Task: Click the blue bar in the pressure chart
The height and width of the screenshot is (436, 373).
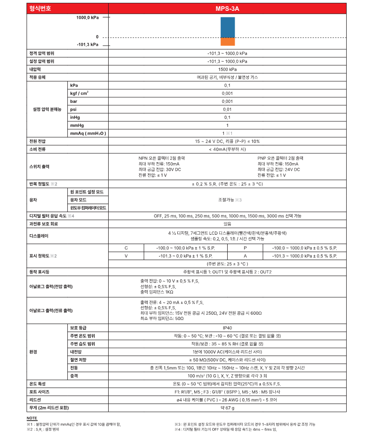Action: [227, 27]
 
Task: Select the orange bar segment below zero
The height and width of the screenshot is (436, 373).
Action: [227, 41]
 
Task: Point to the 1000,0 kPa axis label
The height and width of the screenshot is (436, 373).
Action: [88, 17]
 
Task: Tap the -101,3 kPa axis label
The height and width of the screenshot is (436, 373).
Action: [88, 45]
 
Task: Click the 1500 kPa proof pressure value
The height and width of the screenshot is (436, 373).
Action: [227, 69]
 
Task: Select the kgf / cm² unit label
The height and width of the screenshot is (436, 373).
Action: [79, 93]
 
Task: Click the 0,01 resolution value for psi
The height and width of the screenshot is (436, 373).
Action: [227, 109]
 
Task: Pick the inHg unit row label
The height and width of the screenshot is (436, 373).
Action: [75, 117]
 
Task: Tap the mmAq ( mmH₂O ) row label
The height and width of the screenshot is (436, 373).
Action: [88, 133]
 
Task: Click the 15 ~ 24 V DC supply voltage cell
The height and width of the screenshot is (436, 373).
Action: [227, 141]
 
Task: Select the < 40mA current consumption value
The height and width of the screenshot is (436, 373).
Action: [227, 149]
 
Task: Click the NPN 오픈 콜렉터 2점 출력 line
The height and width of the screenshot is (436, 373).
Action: [161, 158]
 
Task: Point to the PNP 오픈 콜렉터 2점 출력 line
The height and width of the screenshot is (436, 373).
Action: [280, 158]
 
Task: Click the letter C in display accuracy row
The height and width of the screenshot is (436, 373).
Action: [126, 247]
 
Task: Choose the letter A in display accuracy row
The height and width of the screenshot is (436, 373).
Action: [245, 255]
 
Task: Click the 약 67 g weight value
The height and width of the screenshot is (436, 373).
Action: [227, 407]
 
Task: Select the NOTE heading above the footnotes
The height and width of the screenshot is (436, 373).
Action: [32, 418]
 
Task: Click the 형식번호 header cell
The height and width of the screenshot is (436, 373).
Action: [40, 8]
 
